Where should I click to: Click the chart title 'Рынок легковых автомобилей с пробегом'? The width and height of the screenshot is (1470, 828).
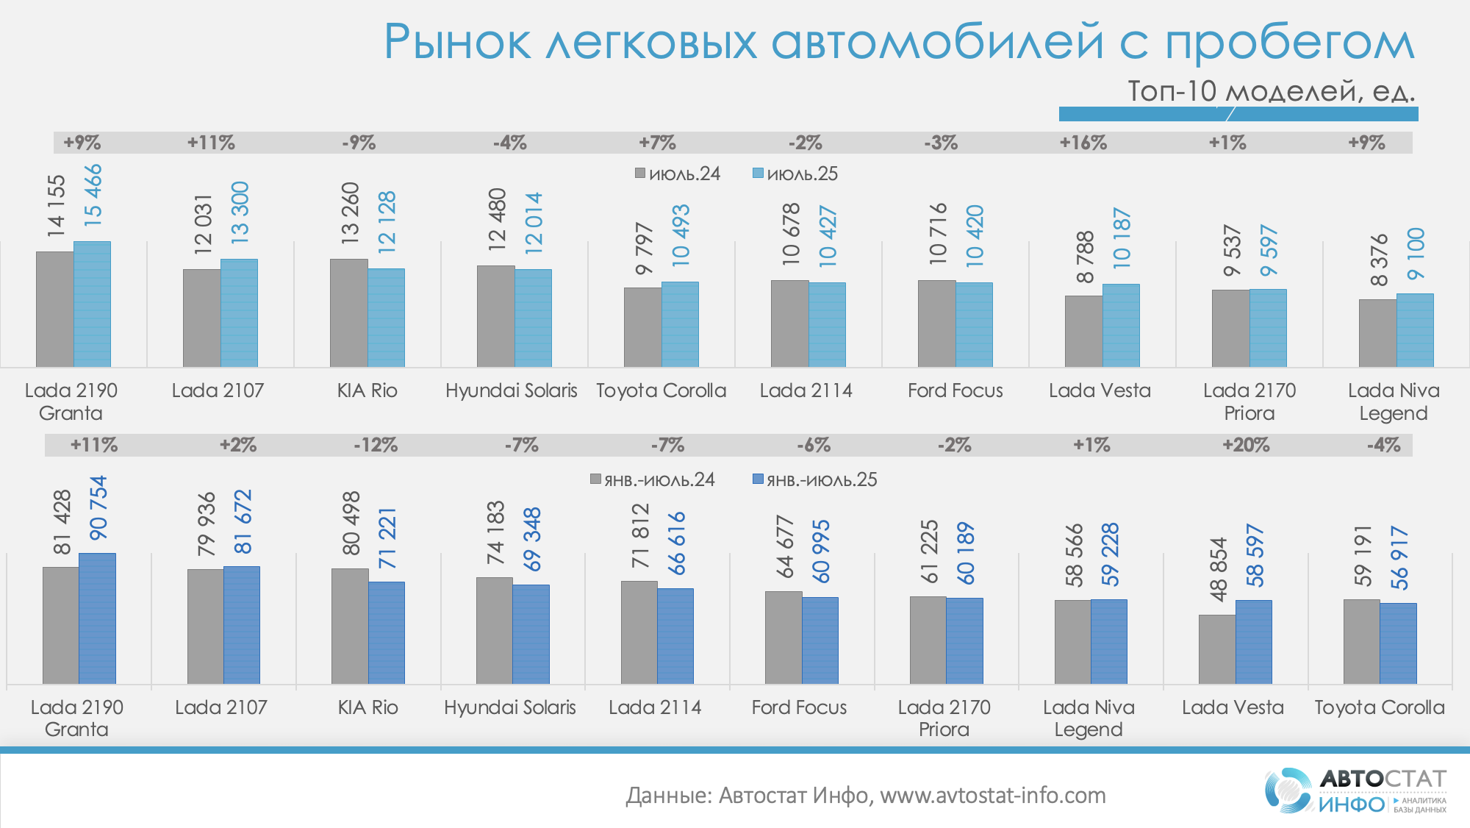click(x=898, y=43)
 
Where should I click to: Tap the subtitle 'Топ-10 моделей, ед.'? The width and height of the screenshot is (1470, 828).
click(x=1271, y=91)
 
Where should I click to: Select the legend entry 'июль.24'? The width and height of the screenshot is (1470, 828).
click(x=678, y=174)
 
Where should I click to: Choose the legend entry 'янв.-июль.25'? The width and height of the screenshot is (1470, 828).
click(x=815, y=480)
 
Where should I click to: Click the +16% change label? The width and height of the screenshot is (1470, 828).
click(x=1083, y=143)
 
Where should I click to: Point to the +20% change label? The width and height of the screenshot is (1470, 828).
click(x=1246, y=445)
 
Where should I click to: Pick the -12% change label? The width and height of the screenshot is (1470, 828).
click(x=376, y=445)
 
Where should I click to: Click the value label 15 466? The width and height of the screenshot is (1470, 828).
click(x=93, y=195)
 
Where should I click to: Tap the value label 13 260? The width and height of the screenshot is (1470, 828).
click(x=350, y=213)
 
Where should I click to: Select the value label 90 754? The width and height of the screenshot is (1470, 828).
click(x=98, y=508)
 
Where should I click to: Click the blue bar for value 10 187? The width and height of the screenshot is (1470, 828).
click(x=1121, y=326)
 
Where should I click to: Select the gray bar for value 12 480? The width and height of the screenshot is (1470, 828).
click(x=495, y=316)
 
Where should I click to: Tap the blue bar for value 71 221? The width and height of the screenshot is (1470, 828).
click(x=386, y=632)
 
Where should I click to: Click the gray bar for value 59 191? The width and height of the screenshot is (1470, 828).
click(x=1361, y=641)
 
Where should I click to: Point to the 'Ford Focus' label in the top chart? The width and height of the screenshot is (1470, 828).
click(x=955, y=390)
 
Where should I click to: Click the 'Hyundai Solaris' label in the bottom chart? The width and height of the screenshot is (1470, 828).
click(x=510, y=707)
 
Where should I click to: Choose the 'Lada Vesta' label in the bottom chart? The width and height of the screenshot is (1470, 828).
click(x=1233, y=707)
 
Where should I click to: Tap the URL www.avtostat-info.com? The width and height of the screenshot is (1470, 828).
click(x=992, y=796)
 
